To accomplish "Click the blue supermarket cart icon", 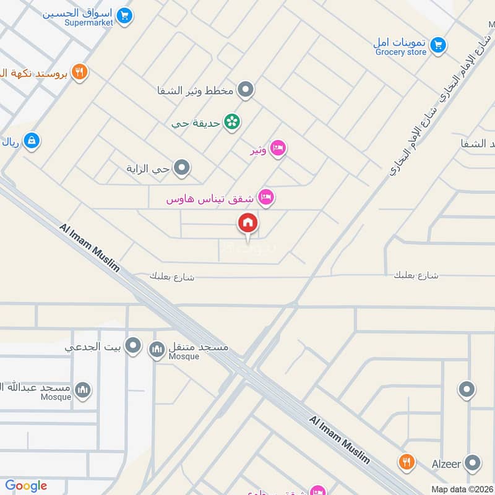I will (x=125, y=15).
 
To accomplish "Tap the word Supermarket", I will (x=88, y=22).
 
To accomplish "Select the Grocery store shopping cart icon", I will (x=438, y=45).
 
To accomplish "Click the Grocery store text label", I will (x=401, y=52).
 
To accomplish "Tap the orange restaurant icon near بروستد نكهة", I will (x=79, y=72).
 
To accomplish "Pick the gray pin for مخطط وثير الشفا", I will (x=246, y=90).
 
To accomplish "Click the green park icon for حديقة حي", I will (x=232, y=122).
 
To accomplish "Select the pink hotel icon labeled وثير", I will (x=278, y=148).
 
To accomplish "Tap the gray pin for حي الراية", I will (x=181, y=167).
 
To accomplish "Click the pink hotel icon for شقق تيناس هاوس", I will (x=266, y=197).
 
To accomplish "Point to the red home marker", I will (x=248, y=223).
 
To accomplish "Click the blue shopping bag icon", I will (x=31, y=141).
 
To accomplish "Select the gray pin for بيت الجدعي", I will (x=133, y=346).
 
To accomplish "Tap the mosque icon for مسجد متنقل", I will (x=157, y=350).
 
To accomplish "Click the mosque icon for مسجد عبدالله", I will (x=83, y=389).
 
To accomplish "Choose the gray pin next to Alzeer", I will (x=473, y=462).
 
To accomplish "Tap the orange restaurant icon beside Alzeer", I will (x=406, y=462).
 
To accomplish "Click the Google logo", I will (x=26, y=486).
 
